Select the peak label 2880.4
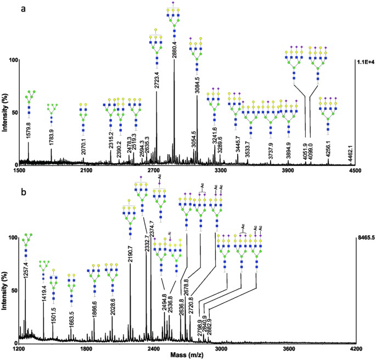coord(175,43)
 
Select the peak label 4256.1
coord(328,149)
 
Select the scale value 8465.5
coord(364,237)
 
